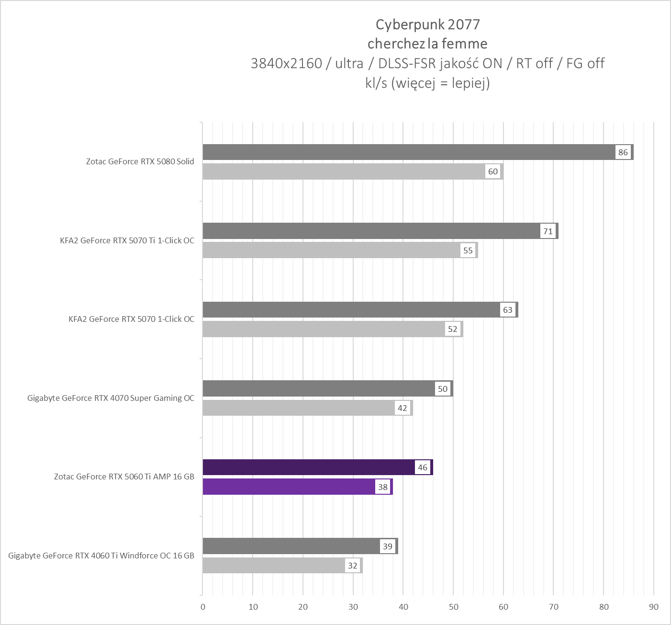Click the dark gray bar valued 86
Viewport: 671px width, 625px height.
point(407,152)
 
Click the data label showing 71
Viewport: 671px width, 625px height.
point(548,231)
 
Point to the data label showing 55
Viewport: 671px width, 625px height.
point(468,250)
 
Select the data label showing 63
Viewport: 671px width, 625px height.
point(508,310)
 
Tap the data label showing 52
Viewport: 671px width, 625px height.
point(453,329)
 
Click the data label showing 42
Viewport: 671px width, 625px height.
point(403,408)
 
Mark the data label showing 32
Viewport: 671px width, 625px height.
point(353,566)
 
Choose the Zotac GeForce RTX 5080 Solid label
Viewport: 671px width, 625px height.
point(140,161)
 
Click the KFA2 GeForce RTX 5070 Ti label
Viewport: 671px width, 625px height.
point(127,240)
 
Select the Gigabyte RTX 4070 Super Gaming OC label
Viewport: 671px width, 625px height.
point(111,398)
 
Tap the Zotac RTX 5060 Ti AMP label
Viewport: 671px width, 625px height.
point(124,477)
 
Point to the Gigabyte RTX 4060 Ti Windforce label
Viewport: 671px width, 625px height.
point(101,556)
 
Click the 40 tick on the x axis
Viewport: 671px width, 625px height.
point(403,607)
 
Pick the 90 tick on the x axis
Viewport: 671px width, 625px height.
point(654,607)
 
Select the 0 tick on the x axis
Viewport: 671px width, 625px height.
point(203,607)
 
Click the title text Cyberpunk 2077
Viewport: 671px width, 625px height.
point(427,24)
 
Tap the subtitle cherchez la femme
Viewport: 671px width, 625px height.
point(427,44)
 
